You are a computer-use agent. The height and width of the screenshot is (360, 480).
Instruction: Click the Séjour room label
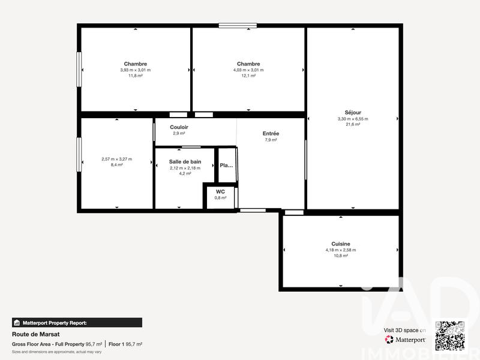coord(353,112)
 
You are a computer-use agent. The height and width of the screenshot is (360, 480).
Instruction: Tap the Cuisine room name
coord(341,244)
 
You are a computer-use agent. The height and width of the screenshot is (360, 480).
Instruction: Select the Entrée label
coord(271,133)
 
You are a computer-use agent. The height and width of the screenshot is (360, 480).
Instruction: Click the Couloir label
coord(179,127)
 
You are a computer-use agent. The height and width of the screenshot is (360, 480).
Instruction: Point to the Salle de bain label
coord(185,162)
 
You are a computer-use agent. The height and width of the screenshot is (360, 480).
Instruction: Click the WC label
coord(221,191)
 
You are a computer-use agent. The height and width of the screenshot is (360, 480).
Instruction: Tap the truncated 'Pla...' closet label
coord(226,166)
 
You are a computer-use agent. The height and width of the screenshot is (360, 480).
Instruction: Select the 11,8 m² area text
coord(136,76)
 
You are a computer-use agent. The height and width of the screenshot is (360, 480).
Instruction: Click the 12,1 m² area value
coord(248,76)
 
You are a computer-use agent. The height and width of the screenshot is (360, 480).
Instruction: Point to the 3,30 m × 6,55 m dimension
coord(353,119)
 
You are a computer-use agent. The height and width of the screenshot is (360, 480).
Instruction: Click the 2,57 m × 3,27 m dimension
coord(117,159)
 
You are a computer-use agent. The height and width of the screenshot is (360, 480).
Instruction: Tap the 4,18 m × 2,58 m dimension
coord(341,250)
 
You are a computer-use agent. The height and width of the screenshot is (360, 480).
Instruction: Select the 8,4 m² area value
coord(117,164)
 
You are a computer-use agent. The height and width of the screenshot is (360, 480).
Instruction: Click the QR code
coord(450,335)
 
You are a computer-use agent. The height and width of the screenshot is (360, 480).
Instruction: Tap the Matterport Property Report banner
coord(77,322)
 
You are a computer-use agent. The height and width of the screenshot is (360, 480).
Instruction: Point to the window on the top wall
coord(238,25)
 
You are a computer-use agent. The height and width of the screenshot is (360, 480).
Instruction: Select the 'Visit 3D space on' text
coord(405,330)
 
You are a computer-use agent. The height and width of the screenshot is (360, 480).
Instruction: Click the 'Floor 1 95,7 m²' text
coord(125,344)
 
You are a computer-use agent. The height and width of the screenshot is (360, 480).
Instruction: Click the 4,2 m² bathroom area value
coord(185,173)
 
